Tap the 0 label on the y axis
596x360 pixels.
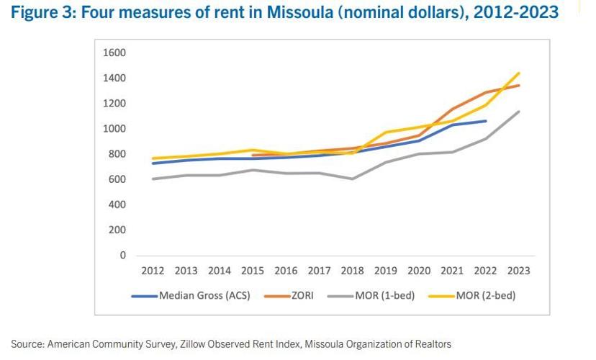tap(122, 256)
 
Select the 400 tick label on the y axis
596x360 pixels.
tap(117, 205)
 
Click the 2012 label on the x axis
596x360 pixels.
tap(153, 271)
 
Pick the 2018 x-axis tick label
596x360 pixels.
tap(353, 271)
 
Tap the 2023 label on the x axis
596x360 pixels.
tap(519, 271)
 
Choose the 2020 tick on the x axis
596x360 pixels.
tap(419, 271)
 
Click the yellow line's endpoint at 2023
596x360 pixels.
tap(519, 73)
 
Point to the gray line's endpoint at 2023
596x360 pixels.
tap(519, 112)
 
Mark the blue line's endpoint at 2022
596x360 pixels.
tap(486, 121)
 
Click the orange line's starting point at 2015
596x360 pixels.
tap(253, 155)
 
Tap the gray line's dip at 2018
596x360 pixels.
tap(353, 179)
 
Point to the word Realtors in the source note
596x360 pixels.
tap(432, 344)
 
